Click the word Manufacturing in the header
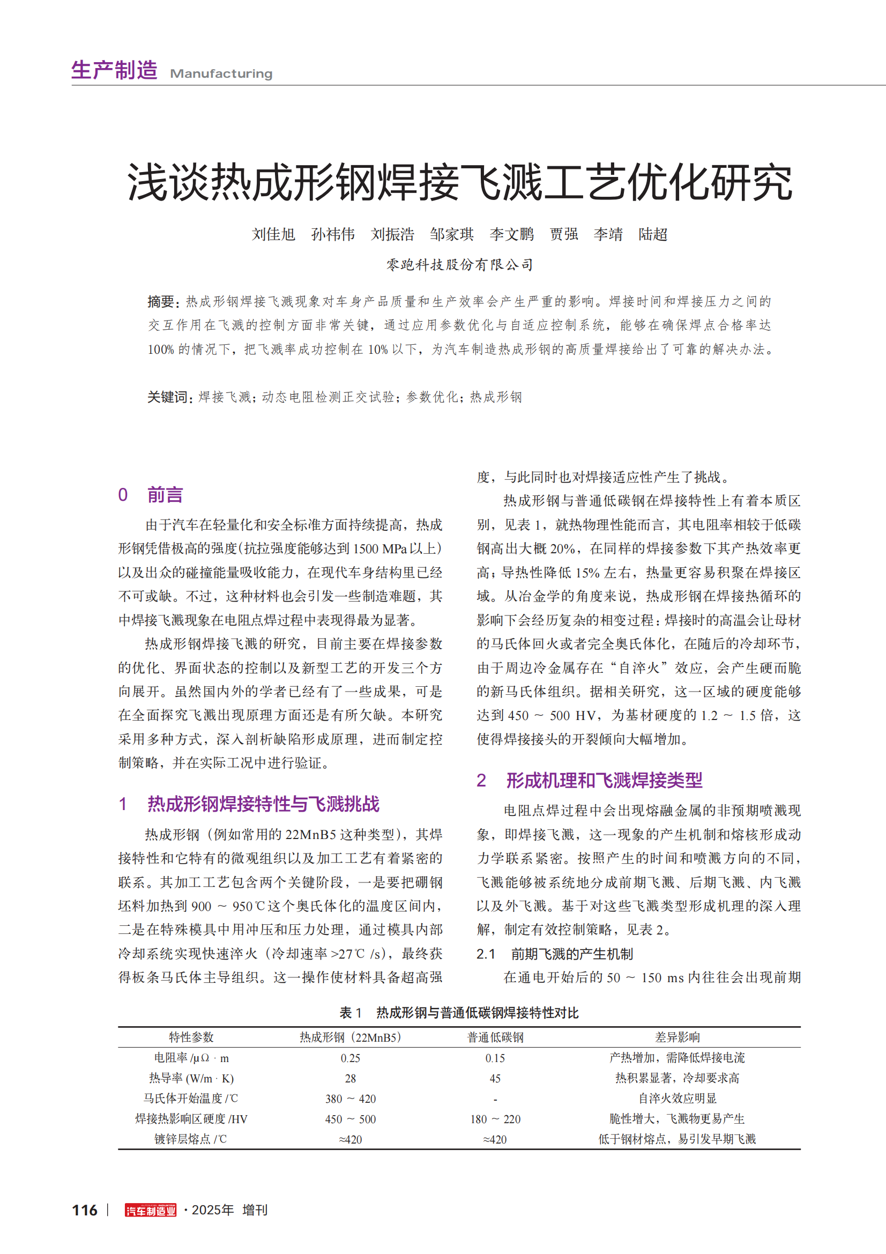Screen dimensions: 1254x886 [x=221, y=74]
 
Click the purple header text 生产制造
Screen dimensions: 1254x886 [x=115, y=71]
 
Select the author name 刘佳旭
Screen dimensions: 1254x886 [x=273, y=234]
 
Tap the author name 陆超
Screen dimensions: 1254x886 [x=653, y=234]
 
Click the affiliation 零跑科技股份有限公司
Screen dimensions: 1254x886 [x=460, y=265]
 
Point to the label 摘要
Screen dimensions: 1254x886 [x=160, y=301]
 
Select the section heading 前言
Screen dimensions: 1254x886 [x=165, y=495]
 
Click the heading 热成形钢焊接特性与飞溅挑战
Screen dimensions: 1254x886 [x=263, y=804]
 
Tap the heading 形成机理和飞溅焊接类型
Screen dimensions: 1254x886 [x=604, y=781]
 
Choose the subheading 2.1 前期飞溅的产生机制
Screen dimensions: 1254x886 [x=555, y=954]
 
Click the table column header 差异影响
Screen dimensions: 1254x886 [x=677, y=1037]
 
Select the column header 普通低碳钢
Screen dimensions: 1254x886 [x=495, y=1037]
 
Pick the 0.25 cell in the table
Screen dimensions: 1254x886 [x=350, y=1058]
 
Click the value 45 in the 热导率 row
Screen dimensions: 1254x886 [x=495, y=1079]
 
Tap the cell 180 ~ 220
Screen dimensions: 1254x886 [x=495, y=1119]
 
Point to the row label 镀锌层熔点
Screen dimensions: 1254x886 [x=190, y=1139]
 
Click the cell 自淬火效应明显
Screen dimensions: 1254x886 [x=677, y=1099]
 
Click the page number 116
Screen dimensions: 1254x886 [x=85, y=1211]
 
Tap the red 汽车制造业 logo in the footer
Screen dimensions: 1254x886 [x=151, y=1211]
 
